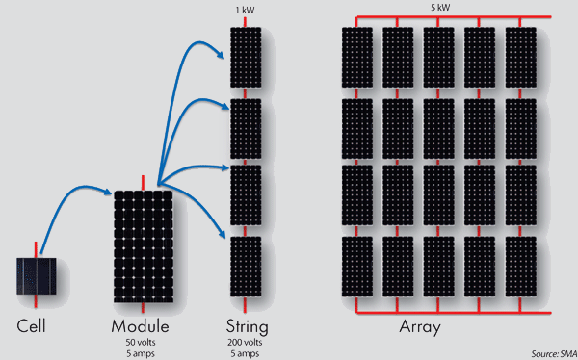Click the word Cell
click(x=32, y=326)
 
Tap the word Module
click(x=143, y=326)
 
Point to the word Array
click(x=420, y=327)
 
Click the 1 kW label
click(x=245, y=11)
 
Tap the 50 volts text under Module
click(x=143, y=343)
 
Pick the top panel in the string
click(x=245, y=56)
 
